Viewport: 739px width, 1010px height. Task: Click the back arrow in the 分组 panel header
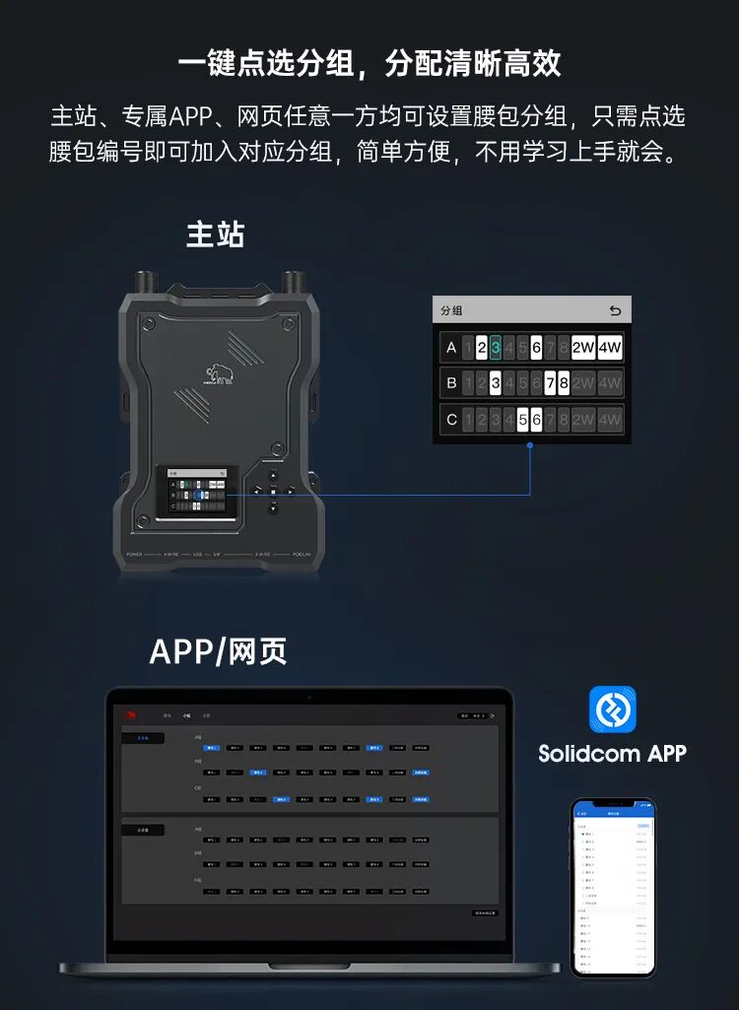(615, 311)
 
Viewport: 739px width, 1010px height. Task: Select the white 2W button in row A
(583, 348)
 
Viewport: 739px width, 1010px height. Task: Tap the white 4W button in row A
(610, 348)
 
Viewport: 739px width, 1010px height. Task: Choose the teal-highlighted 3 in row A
(496, 348)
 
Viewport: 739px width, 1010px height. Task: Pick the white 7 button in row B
(550, 383)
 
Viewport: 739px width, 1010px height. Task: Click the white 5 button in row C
(523, 420)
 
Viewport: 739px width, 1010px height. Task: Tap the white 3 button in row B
(496, 383)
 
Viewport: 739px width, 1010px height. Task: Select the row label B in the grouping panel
(451, 383)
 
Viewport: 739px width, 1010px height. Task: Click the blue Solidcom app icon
(612, 708)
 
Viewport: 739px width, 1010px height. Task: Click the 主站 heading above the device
(215, 235)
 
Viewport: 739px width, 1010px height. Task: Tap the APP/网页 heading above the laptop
(218, 651)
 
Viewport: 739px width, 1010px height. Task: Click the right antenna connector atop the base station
(292, 281)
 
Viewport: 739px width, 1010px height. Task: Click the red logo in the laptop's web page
(128, 714)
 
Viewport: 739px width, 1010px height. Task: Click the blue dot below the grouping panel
(530, 445)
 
